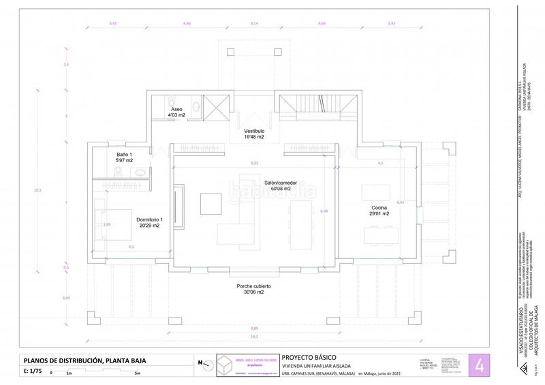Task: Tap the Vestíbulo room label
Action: coord(254,134)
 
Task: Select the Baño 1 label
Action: coord(125,157)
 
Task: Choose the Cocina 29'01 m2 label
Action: coord(379,211)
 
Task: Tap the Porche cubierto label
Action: coord(254,290)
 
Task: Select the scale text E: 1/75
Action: coord(33,371)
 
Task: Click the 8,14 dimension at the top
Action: coord(254,24)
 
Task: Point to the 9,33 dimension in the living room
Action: coord(254,164)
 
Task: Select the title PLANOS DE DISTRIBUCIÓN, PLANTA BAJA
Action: coord(84,360)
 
